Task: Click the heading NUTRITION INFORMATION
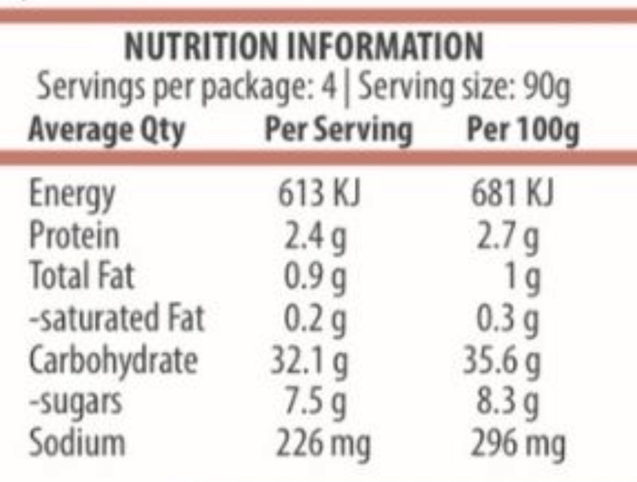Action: (303, 47)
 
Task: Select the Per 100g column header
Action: (522, 131)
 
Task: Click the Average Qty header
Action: (106, 131)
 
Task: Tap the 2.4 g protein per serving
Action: (315, 236)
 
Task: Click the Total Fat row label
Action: (82, 276)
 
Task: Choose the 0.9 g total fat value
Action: (315, 277)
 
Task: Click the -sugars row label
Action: (75, 402)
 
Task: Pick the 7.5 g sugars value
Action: (316, 402)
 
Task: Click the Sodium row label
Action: (77, 443)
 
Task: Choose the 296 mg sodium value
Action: (518, 444)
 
